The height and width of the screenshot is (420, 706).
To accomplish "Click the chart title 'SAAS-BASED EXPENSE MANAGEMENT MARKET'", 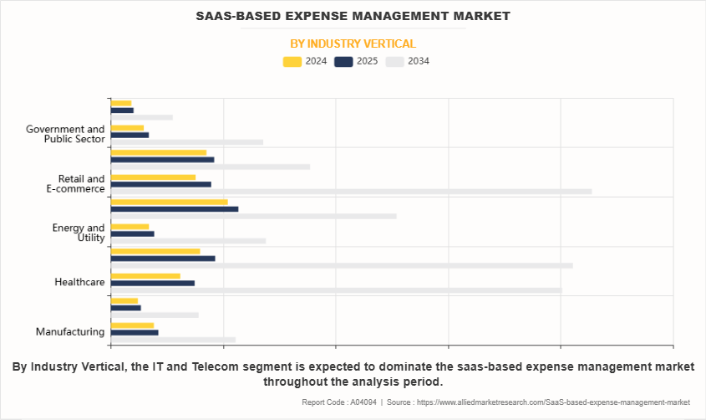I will [x=353, y=16].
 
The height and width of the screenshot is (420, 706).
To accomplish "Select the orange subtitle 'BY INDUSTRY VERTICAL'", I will [x=353, y=44].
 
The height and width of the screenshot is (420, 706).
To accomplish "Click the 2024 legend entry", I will [x=305, y=61].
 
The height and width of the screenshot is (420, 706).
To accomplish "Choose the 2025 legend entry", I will [x=356, y=61].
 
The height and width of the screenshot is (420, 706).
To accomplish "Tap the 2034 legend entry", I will [x=407, y=61].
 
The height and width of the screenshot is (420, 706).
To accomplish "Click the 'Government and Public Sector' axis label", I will [x=65, y=134].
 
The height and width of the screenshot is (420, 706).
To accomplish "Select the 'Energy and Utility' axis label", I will [x=79, y=233].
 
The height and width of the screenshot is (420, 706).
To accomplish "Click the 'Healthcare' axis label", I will [x=79, y=282].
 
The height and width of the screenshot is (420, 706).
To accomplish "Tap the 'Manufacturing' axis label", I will [x=70, y=331].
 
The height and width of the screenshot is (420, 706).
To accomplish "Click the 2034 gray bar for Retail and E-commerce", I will [x=351, y=192].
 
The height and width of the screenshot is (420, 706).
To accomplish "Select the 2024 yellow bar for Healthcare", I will [x=145, y=275].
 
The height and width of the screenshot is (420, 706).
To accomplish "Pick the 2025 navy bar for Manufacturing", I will [x=135, y=332].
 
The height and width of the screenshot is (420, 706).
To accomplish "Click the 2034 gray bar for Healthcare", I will [x=336, y=290].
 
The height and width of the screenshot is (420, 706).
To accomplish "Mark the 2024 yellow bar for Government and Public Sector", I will [x=127, y=127].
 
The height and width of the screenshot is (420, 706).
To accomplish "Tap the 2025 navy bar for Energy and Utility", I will [x=132, y=233].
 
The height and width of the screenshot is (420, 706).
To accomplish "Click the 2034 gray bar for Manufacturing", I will [x=173, y=340].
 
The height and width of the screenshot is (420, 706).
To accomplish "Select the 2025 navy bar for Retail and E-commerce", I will [x=160, y=184].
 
